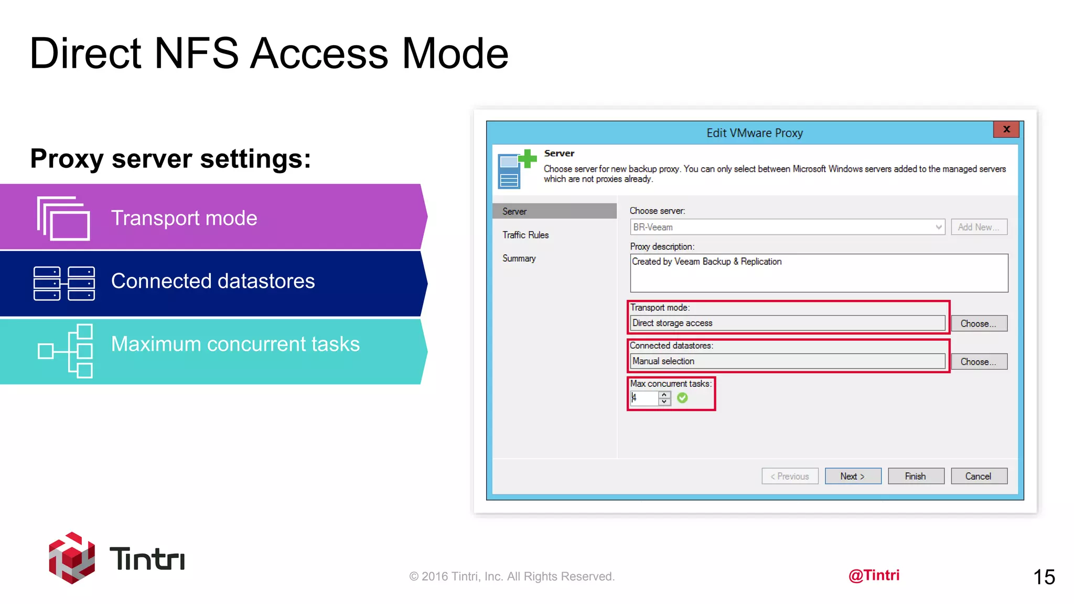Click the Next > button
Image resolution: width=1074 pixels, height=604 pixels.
click(853, 476)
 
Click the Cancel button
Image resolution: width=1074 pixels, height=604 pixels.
click(979, 476)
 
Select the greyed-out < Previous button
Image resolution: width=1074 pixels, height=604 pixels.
click(790, 476)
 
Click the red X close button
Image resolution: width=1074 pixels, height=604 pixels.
click(1006, 129)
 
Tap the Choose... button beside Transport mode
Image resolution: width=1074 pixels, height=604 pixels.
click(979, 323)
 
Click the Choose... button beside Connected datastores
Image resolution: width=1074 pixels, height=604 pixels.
click(979, 362)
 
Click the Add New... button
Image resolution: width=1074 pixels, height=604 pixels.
click(979, 227)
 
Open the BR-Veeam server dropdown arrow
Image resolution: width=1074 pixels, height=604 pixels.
click(938, 227)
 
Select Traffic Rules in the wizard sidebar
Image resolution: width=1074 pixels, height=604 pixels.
click(525, 235)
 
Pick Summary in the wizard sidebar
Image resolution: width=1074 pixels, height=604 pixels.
click(519, 258)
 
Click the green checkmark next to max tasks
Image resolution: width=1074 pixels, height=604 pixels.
click(682, 398)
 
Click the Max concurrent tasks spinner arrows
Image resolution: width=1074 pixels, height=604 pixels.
click(664, 398)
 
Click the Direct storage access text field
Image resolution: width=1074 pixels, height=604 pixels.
click(787, 323)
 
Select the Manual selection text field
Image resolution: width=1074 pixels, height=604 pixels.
click(787, 361)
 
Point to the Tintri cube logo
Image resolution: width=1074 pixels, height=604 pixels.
click(72, 558)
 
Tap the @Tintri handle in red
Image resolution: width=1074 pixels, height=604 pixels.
click(874, 575)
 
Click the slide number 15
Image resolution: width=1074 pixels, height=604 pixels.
click(1044, 577)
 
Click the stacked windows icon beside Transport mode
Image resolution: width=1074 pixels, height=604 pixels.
click(63, 218)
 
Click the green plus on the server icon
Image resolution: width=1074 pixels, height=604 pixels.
click(528, 158)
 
